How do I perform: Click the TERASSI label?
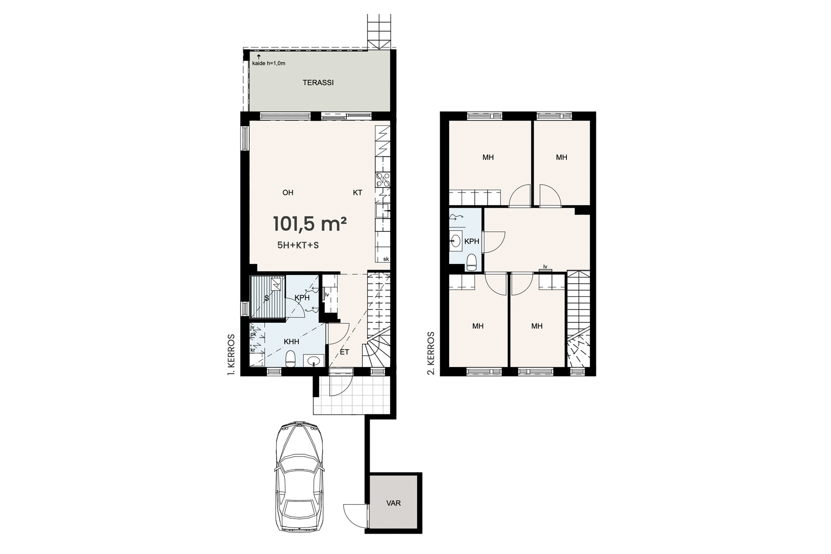click(x=318, y=83)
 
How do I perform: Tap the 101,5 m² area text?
click(x=310, y=224)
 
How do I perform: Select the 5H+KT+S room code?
click(x=298, y=246)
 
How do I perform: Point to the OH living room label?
click(x=288, y=193)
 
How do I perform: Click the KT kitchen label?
click(x=357, y=193)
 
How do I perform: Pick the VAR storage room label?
click(x=394, y=503)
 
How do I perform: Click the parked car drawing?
click(x=299, y=477)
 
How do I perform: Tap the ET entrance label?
click(x=344, y=352)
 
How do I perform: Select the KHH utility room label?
click(x=291, y=342)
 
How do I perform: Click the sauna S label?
click(x=266, y=299)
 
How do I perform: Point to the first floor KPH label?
click(x=302, y=298)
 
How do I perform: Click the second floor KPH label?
click(x=471, y=241)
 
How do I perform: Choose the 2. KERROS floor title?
click(x=432, y=353)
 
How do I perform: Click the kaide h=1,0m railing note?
click(x=269, y=63)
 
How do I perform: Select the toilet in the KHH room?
click(x=290, y=359)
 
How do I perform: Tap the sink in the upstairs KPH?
click(x=456, y=241)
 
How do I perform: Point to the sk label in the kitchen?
click(x=386, y=259)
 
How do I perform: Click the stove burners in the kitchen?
click(x=383, y=179)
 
